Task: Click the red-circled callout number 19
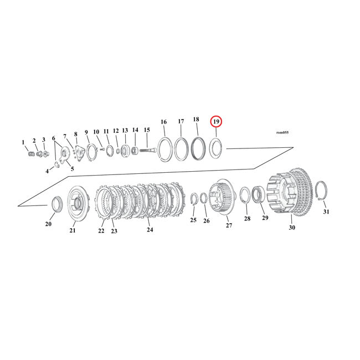point(216,122)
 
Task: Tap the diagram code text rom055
point(282,133)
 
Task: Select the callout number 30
point(292,227)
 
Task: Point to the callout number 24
point(150,229)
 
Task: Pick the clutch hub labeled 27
point(224,196)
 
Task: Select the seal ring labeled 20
point(56,204)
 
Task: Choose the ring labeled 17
point(181,149)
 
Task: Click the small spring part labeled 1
point(31,153)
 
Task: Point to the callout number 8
point(76,135)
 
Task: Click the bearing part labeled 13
point(125,150)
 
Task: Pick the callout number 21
point(73,230)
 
